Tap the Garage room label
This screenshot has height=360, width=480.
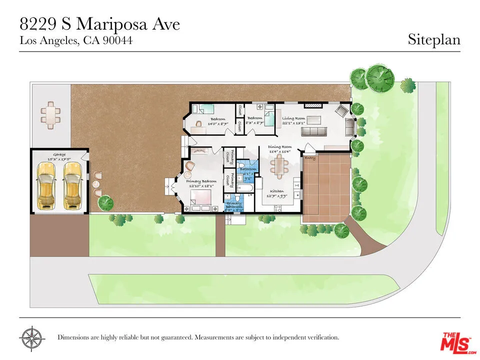59,155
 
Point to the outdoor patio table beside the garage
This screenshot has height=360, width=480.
50,114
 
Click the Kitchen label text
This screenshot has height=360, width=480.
277,191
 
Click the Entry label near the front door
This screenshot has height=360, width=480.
310,158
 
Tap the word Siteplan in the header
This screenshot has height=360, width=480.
433,40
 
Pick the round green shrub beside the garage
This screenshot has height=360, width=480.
105,202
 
